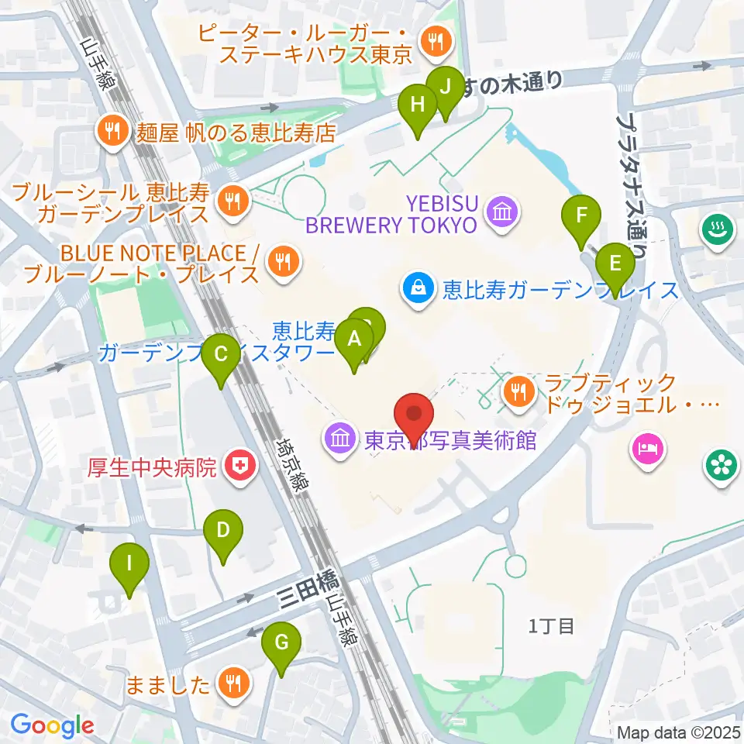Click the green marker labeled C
coord(221,356)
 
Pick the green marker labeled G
coord(281,642)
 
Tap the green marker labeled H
coord(418,105)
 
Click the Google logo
coord(53,725)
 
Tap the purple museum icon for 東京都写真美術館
coord(341,439)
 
